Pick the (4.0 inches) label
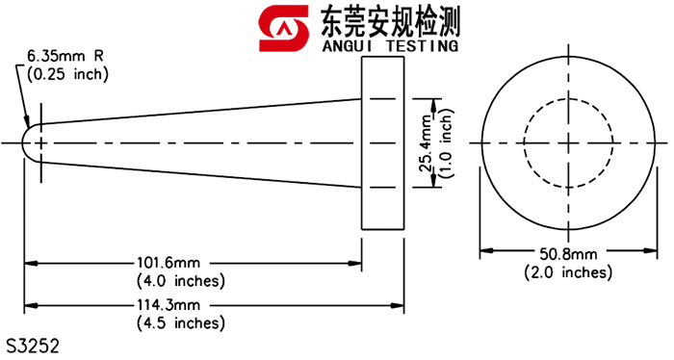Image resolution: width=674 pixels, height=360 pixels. click(181, 281)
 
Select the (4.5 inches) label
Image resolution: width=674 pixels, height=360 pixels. click(181, 322)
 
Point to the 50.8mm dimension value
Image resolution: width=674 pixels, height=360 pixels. click(568, 253)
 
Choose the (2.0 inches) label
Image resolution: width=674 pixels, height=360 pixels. click(568, 272)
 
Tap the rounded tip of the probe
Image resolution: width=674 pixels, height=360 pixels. click(32, 142)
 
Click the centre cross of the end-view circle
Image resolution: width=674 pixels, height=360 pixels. click(568, 142)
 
